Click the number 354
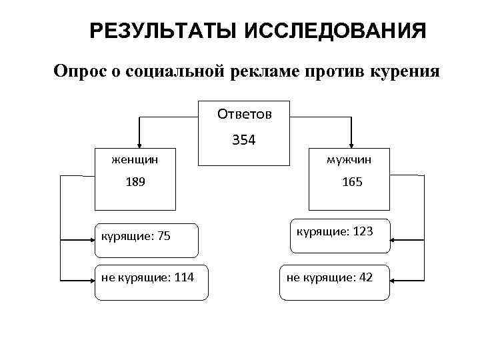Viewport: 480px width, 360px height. point(244,141)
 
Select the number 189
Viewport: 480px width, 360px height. point(134,181)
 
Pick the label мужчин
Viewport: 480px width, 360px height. point(349,160)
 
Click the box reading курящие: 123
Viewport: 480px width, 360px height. point(339,235)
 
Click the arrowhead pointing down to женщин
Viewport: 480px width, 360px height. point(139,143)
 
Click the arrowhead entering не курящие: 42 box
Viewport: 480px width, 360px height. point(395,279)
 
